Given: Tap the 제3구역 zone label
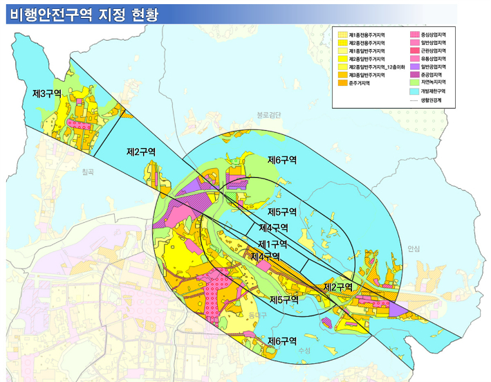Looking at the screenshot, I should (x=47, y=92).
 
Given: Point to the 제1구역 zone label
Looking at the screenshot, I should (x=272, y=243).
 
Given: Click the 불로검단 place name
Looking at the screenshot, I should (x=268, y=115).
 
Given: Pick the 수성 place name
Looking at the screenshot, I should (x=304, y=351).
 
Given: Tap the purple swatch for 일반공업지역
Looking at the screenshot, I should (x=415, y=66).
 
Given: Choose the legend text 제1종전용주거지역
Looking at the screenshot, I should (x=367, y=34).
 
